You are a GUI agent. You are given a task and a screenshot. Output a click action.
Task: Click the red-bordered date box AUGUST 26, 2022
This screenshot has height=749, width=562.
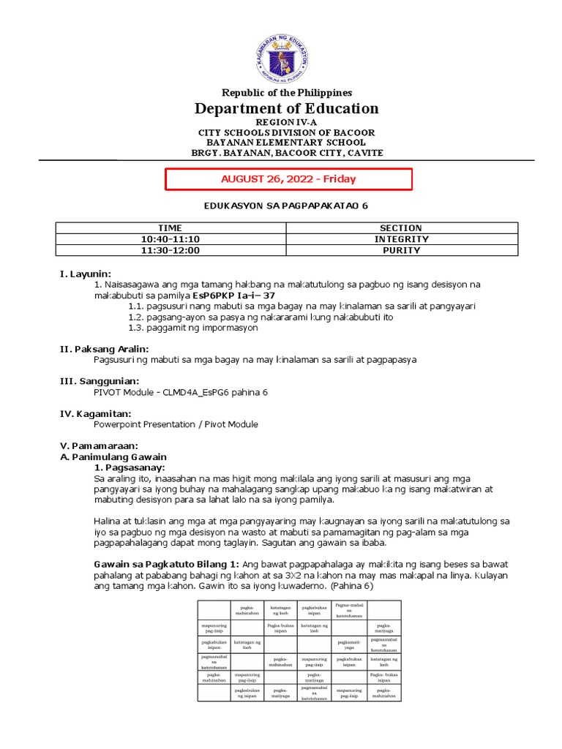(288, 179)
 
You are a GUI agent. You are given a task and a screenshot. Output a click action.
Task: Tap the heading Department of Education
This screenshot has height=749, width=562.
(286, 109)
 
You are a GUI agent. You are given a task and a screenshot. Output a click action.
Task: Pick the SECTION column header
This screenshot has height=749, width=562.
(401, 228)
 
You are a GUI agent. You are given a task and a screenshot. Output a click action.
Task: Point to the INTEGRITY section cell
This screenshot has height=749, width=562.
(401, 239)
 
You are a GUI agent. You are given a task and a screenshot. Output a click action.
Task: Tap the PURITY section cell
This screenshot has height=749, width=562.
(401, 250)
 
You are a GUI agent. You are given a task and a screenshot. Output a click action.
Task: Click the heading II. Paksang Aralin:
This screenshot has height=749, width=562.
(104, 349)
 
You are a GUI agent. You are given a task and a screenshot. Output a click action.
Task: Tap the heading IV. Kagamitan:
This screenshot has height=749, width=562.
(96, 413)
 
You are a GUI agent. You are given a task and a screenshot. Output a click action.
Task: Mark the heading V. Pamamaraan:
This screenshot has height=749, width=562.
(99, 445)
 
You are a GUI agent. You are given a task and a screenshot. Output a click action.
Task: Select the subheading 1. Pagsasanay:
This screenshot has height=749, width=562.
(130, 467)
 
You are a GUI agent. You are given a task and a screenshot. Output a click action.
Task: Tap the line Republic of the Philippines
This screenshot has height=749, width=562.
(287, 93)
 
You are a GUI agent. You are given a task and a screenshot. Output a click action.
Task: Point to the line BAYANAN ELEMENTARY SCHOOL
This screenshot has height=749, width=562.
(287, 143)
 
